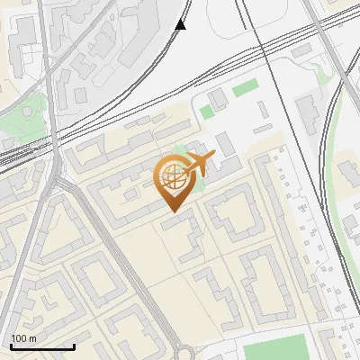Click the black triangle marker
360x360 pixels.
pos(181,24)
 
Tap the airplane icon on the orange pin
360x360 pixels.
pos(197,165)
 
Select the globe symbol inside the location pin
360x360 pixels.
pos(172,178)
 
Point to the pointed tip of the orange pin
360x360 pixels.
pos(172,211)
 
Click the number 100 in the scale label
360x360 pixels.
pos(20,338)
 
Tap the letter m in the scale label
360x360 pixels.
pos(32,338)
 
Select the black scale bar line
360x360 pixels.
pos(42,346)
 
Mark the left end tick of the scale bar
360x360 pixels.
pos(11,345)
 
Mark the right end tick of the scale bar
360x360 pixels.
pos(74,345)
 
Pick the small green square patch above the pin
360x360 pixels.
pos(207,112)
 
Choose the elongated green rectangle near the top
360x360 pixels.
pos(245,89)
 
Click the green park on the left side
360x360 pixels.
pos(22,121)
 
